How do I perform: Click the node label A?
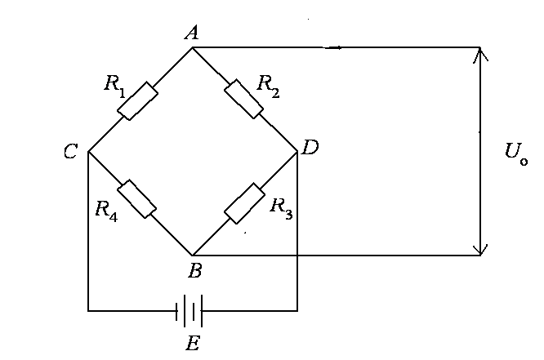click(x=193, y=33)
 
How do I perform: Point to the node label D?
click(x=310, y=148)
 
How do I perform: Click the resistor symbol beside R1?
click(x=140, y=100)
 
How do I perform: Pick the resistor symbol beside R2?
click(x=244, y=99)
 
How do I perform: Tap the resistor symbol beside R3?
click(x=244, y=203)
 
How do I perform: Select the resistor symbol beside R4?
click(x=137, y=198)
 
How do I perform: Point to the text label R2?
click(x=268, y=84)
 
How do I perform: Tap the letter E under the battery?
click(x=192, y=343)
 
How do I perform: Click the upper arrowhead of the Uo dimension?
click(x=480, y=54)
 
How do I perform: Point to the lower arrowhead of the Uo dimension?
click(x=480, y=248)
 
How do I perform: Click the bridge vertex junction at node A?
click(x=193, y=47)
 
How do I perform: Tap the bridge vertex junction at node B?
click(x=193, y=255)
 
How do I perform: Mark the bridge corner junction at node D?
click(x=297, y=152)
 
